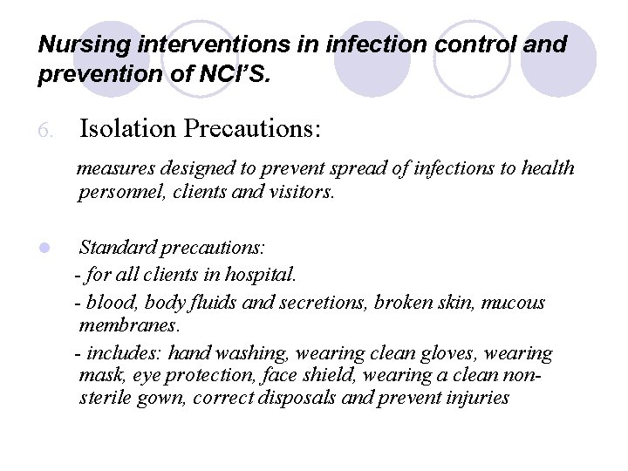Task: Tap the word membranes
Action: tap(130, 326)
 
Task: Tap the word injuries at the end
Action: tap(471, 399)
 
